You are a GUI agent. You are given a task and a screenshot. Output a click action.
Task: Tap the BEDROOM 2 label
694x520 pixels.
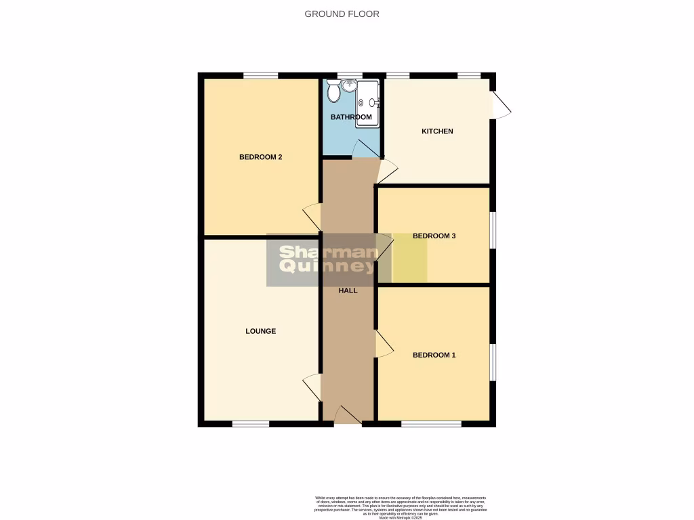(260, 157)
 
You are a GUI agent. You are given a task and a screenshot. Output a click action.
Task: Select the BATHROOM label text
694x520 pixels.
(351, 117)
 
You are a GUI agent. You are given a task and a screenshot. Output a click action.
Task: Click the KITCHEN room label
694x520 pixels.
(437, 131)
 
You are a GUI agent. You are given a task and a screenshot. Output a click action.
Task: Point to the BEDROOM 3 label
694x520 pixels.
(434, 236)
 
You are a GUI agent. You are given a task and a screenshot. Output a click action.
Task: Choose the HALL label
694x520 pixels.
(348, 290)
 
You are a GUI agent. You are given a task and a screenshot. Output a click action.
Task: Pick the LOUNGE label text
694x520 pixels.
(260, 332)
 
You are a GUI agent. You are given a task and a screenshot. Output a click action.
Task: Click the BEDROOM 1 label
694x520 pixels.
(434, 355)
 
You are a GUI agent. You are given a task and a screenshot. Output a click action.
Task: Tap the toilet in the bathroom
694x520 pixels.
(333, 91)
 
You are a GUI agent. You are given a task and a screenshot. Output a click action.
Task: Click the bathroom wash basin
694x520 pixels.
(350, 86)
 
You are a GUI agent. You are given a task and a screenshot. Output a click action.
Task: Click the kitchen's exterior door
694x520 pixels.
(502, 105)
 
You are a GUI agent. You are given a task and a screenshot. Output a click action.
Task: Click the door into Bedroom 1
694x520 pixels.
(384, 343)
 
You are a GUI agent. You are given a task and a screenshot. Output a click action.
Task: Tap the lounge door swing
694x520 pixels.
(312, 388)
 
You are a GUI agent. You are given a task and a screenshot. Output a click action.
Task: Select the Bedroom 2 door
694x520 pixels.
(312, 217)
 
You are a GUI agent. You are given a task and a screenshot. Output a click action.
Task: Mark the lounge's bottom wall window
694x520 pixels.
(250, 424)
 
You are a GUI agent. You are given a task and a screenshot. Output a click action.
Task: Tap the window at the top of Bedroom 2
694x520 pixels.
(260, 75)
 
